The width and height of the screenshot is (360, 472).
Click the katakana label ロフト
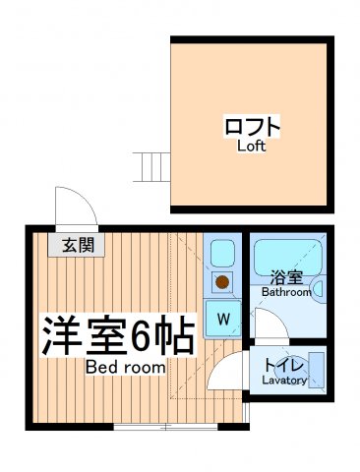[253, 128]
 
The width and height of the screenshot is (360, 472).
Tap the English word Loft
[253, 147]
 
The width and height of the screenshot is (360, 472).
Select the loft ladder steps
[152, 167]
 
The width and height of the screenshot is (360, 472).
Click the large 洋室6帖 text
[116, 336]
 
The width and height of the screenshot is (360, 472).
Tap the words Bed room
[125, 367]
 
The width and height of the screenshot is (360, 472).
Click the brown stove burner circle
[222, 284]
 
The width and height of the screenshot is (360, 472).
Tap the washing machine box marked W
[223, 319]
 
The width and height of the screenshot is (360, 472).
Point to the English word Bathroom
[286, 292]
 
